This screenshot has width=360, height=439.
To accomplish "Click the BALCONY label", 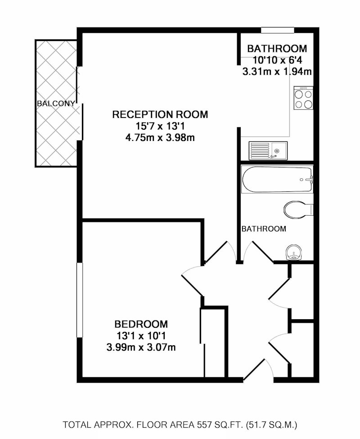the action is pyautogui.click(x=56, y=104).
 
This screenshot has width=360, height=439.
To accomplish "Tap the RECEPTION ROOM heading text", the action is pyautogui.click(x=160, y=114).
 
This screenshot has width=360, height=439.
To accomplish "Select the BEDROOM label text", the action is pyautogui.click(x=141, y=324).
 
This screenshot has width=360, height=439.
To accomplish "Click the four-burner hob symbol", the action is pyautogui.click(x=303, y=98).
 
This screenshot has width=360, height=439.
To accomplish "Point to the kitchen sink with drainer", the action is pyautogui.click(x=268, y=151).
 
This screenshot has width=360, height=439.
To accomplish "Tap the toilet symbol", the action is pyautogui.click(x=298, y=209).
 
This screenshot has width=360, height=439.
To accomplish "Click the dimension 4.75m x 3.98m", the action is pyautogui.click(x=160, y=138).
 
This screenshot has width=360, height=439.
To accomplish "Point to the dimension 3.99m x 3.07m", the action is pyautogui.click(x=141, y=348).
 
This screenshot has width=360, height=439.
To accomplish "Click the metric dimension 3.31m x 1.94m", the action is pyautogui.click(x=277, y=72).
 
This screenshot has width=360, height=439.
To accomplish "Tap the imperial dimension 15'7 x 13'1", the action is pyautogui.click(x=160, y=126).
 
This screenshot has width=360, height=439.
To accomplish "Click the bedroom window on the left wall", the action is pyautogui.click(x=80, y=300).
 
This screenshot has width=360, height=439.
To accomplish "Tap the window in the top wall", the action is pyautogui.click(x=278, y=30).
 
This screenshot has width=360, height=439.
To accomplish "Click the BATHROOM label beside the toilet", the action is pyautogui.click(x=264, y=229).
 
